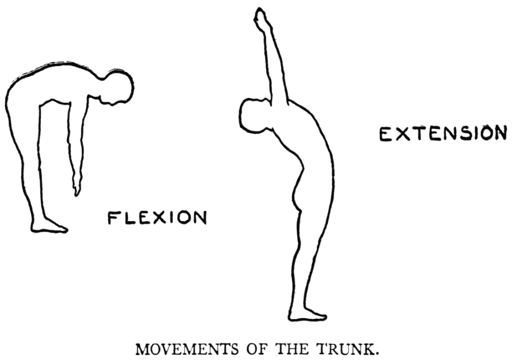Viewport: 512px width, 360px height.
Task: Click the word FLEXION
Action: [157, 217]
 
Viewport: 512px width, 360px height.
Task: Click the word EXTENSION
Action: [443, 135]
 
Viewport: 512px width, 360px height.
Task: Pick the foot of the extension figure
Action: [307, 314]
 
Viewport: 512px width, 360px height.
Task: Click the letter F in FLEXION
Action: [113, 217]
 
